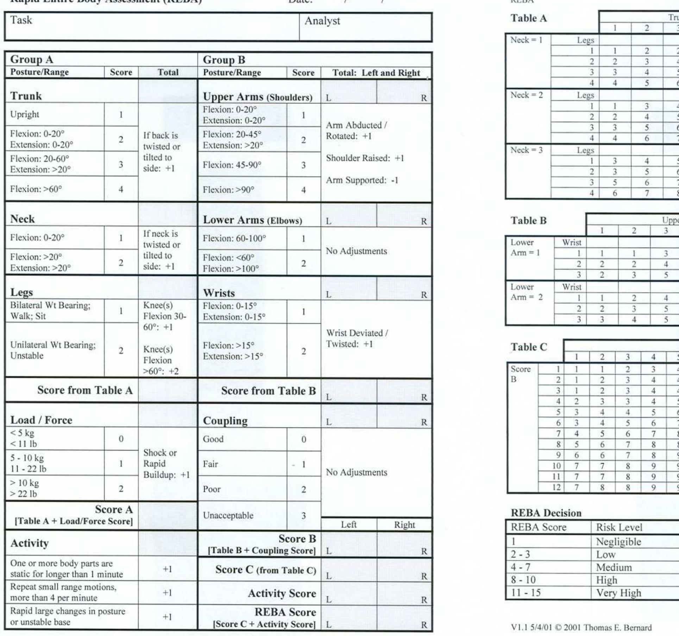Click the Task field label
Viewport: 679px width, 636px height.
coord(21,20)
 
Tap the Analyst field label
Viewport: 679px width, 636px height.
coord(322,21)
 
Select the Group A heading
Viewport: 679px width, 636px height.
coord(32,59)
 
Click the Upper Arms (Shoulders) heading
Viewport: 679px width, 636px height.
coord(257,97)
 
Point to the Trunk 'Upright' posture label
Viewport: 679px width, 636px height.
coord(25,114)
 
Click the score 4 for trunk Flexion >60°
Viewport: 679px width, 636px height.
coord(121,189)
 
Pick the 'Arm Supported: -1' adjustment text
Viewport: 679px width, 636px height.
coord(362,180)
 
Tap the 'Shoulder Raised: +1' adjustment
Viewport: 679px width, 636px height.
coord(365,158)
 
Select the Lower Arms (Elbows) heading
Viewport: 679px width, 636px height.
coord(252,220)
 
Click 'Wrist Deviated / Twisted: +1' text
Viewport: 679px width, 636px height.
coord(357,338)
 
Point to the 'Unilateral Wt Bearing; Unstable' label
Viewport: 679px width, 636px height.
coord(53,350)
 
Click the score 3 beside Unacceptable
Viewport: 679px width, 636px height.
coord(303,516)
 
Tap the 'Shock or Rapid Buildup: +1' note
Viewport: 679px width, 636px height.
coord(166,464)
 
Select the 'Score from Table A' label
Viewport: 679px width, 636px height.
coord(85,390)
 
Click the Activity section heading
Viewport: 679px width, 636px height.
coord(30,543)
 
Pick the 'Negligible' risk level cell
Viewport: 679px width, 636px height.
coord(618,542)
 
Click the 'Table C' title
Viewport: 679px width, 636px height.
coord(529,347)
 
